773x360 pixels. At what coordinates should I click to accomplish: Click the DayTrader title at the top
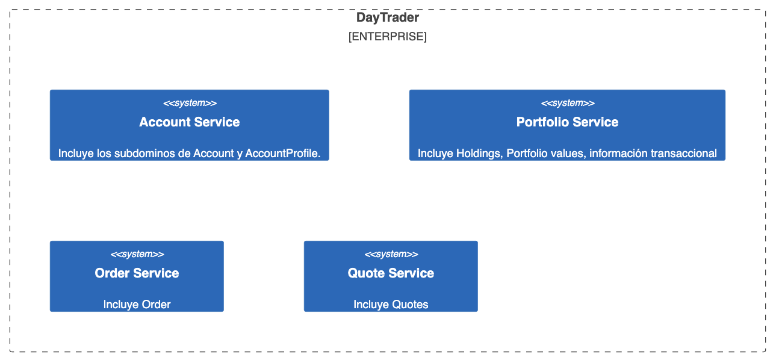click(388, 17)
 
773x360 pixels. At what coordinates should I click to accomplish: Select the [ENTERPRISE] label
click(388, 36)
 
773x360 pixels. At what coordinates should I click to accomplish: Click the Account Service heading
click(190, 122)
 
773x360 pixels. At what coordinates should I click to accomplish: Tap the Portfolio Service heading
click(567, 122)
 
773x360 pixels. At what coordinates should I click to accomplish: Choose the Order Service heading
click(137, 273)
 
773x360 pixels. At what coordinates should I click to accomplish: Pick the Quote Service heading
click(391, 273)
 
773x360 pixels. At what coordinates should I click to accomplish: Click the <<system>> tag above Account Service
click(190, 103)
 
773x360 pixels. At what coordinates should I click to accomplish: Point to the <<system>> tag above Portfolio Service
click(568, 103)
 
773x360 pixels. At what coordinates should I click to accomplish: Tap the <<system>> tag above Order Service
click(137, 254)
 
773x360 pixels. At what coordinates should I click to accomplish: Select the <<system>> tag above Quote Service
click(391, 254)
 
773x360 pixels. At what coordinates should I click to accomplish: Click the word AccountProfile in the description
click(282, 154)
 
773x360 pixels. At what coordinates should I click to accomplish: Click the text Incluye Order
click(137, 305)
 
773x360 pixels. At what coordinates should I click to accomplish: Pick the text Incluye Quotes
click(391, 305)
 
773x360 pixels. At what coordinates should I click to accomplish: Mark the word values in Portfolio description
click(570, 154)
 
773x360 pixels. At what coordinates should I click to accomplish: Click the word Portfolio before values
click(529, 154)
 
